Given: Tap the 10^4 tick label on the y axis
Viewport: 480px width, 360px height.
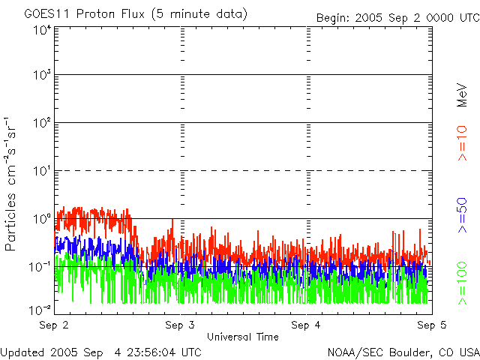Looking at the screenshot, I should pyautogui.click(x=41, y=30).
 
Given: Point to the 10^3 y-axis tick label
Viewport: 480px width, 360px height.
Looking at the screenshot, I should pyautogui.click(x=41, y=75).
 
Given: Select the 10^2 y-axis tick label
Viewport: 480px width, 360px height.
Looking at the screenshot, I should pyautogui.click(x=41, y=122).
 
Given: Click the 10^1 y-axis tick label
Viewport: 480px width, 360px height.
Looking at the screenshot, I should pyautogui.click(x=41, y=171).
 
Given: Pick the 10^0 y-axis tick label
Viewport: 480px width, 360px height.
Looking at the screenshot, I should pyautogui.click(x=41, y=218).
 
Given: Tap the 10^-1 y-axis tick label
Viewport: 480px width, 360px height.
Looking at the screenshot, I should pyautogui.click(x=40, y=266).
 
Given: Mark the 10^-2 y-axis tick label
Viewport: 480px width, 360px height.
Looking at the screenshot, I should pyautogui.click(x=40, y=309).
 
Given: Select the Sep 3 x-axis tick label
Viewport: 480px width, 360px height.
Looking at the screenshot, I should pyautogui.click(x=180, y=325).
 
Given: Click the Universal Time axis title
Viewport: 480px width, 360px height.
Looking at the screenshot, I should pyautogui.click(x=243, y=337).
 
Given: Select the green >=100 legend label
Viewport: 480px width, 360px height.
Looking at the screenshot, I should pyautogui.click(x=462, y=283).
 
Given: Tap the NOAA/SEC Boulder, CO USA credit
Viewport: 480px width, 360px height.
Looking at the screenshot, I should pyautogui.click(x=403, y=351).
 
